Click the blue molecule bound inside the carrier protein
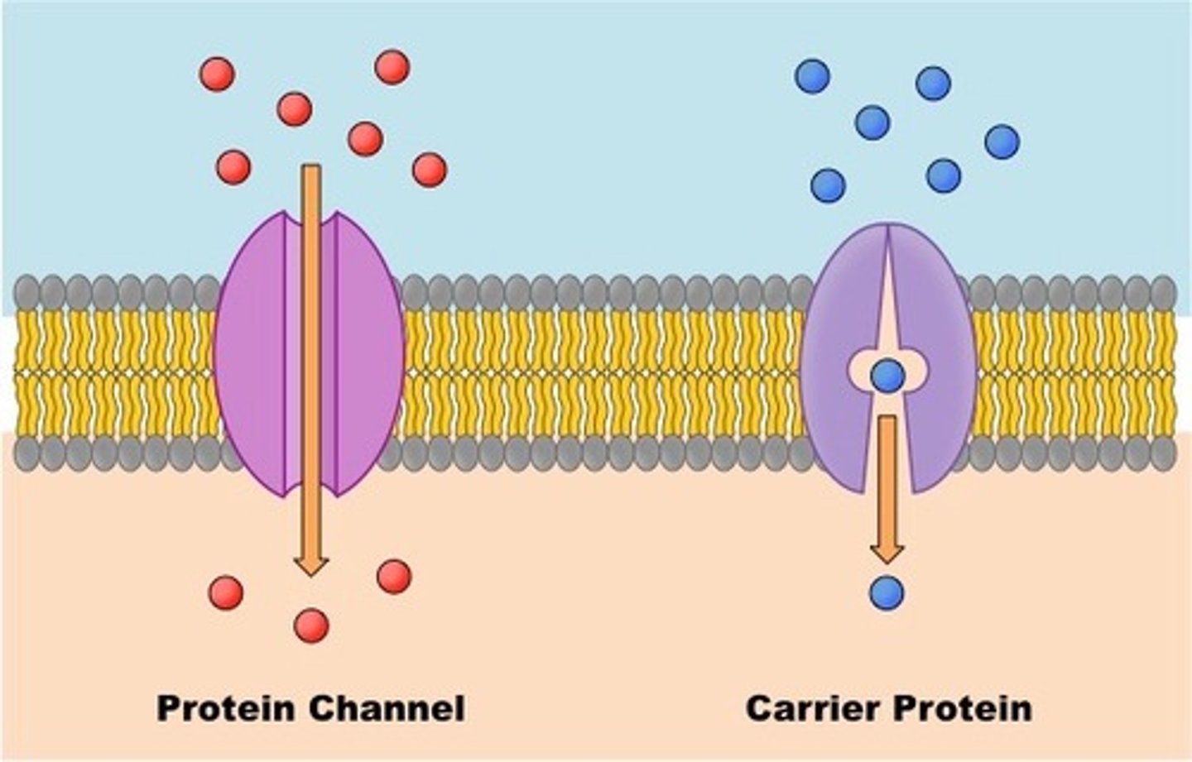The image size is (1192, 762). pos(888,376)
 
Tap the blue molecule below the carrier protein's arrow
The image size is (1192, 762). pos(887,593)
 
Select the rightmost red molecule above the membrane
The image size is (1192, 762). pos(429,170)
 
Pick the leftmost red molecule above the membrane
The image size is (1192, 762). pos(217,74)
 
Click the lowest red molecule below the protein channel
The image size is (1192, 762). pos(311,625)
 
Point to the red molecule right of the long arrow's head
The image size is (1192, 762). pos(394,576)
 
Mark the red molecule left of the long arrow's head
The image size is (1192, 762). pos(226,592)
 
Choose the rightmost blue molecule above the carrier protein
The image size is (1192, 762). pos(1002,142)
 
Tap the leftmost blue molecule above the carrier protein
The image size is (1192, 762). pos(812,76)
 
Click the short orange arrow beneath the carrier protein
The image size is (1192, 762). pos(887,488)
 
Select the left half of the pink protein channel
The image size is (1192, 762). pos(252,352)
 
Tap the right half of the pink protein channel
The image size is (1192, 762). pos(368,352)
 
